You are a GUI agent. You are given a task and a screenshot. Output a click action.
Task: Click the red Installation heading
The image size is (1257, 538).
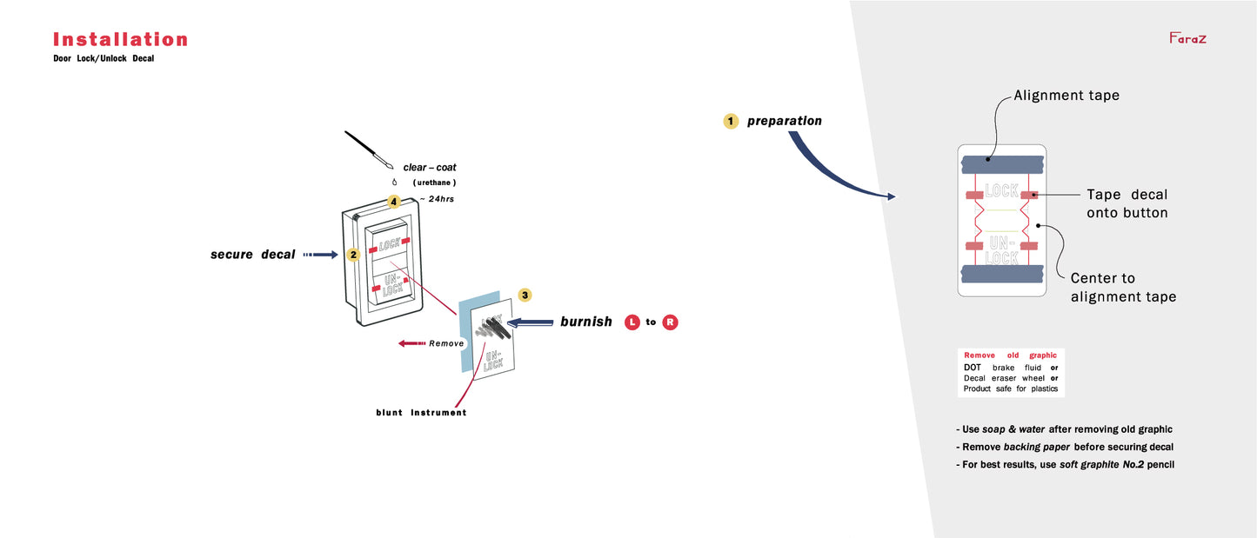[120, 39]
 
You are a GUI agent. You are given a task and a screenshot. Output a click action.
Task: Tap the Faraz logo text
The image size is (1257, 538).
[1187, 38]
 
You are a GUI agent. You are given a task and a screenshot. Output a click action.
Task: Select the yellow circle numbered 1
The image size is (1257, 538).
[731, 121]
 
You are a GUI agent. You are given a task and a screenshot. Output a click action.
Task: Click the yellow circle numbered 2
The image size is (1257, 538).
[353, 255]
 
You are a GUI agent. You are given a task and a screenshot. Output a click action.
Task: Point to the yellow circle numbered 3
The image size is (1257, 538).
[525, 295]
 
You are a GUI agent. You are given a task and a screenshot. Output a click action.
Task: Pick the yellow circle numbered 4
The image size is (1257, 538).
[394, 202]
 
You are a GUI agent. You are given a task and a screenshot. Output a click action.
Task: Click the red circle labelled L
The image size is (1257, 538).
[632, 322]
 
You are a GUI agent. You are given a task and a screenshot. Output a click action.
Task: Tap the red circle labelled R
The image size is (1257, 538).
[670, 322]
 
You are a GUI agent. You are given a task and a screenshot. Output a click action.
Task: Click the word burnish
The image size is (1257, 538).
[585, 322]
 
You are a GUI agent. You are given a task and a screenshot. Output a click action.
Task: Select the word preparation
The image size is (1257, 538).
[784, 121]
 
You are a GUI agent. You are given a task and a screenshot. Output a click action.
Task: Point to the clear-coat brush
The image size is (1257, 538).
[368, 149]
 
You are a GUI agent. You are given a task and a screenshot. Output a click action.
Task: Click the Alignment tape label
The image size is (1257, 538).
[1066, 96]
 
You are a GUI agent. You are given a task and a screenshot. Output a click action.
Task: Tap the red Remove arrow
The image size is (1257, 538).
[412, 343]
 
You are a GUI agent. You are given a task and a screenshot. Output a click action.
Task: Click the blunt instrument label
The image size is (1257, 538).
[415, 413]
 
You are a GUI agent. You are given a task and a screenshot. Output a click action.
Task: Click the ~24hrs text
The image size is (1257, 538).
[437, 199]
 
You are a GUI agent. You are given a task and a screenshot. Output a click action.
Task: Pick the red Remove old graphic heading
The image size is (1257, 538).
[1010, 355]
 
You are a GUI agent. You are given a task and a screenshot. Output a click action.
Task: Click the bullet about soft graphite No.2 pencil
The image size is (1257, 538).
[1065, 464]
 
